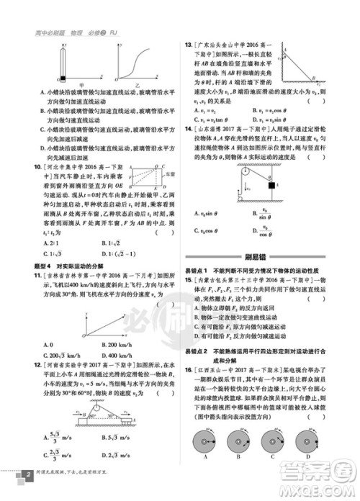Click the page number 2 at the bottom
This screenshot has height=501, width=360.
27,477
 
